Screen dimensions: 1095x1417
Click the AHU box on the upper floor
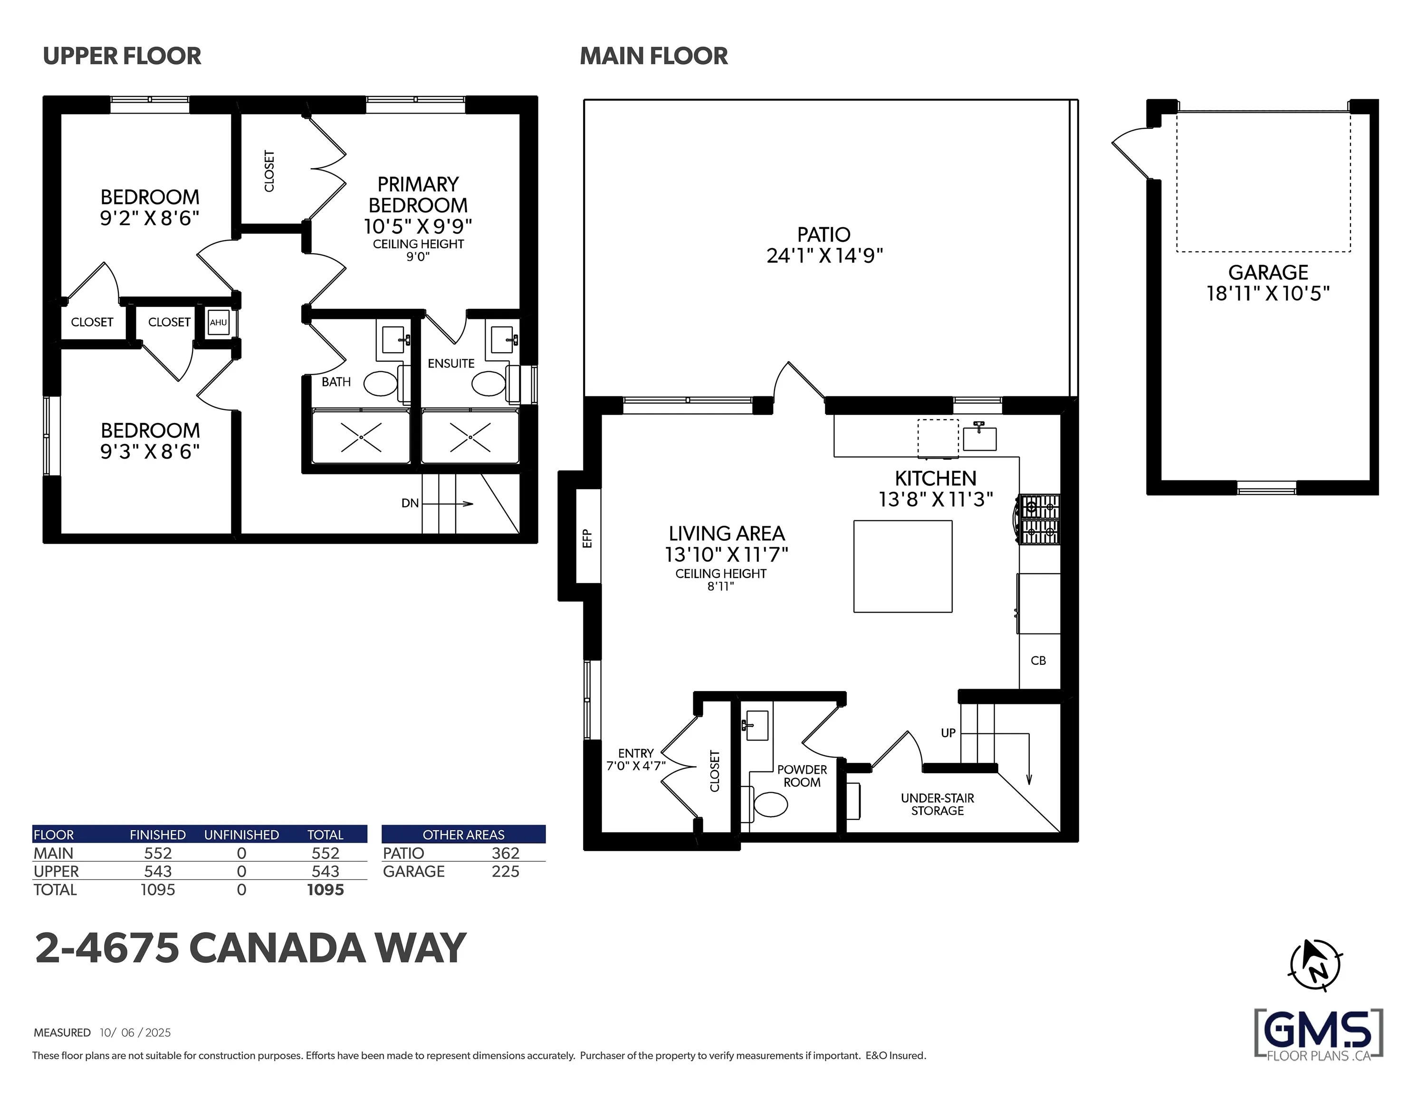219,323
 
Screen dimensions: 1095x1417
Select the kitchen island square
902,566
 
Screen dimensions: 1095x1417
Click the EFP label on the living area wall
588,538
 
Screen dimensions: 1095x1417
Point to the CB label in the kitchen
1038,661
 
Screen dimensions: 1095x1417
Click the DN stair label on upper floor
410,503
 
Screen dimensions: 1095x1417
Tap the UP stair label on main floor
948,733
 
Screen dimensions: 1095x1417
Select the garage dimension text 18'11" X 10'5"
1268,293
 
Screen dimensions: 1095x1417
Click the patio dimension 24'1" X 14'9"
824,256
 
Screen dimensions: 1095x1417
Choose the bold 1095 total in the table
325,890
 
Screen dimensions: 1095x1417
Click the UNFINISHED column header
241,835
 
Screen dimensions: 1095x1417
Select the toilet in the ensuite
488,384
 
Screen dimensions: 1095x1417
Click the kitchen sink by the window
979,438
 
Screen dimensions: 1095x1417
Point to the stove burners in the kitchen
1040,519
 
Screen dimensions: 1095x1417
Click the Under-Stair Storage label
937,804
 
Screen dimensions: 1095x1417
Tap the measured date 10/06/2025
135,1033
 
